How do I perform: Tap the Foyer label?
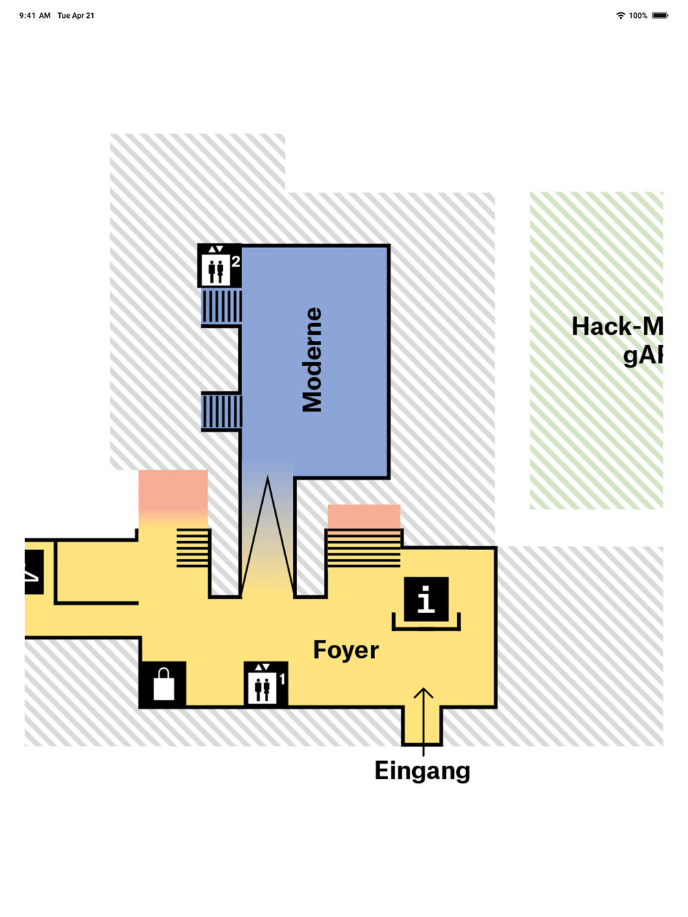click(x=345, y=650)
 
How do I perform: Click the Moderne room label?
click(x=312, y=360)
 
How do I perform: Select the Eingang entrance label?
click(x=422, y=771)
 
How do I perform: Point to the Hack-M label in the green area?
click(x=616, y=327)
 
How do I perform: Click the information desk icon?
click(x=426, y=599)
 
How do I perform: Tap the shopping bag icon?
click(x=163, y=684)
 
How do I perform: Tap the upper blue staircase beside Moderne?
click(x=222, y=306)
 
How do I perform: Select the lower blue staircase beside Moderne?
click(x=222, y=411)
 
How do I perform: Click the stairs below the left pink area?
click(x=193, y=548)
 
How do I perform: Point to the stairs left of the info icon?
click(x=363, y=548)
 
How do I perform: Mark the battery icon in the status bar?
click(x=660, y=15)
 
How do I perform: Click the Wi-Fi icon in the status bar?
click(x=621, y=15)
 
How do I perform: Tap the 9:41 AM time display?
click(x=34, y=15)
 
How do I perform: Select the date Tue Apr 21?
click(x=76, y=15)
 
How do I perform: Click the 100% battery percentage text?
click(x=638, y=15)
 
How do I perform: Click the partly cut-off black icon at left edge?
click(x=34, y=571)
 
